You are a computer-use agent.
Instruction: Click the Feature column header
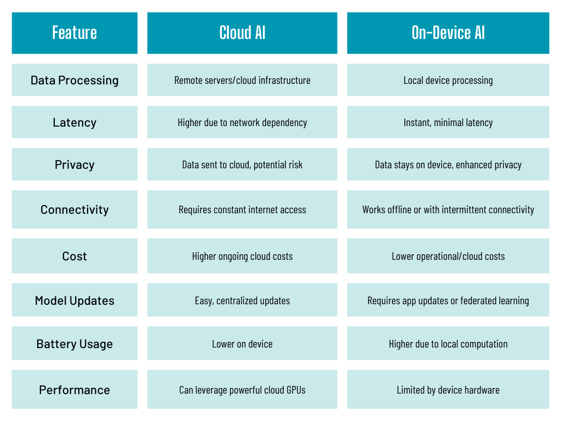75,33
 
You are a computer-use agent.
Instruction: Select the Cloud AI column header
242,33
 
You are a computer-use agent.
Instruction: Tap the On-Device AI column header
448,33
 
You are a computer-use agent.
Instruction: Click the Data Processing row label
75,80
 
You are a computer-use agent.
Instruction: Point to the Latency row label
75,122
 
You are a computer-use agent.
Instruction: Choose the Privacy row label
75,164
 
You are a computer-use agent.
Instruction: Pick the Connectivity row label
75,209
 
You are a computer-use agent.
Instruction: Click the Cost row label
75,256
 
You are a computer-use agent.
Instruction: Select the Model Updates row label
75,300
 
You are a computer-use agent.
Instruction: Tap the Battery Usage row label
75,344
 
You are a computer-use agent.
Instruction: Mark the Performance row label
75,390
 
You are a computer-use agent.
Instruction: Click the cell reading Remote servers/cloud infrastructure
242,80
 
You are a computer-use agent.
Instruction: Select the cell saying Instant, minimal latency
448,122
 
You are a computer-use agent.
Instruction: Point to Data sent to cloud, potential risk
242,164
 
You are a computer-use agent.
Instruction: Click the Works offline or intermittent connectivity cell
448,209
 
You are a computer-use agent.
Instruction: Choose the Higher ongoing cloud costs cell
242,256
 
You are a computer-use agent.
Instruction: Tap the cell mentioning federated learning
448,300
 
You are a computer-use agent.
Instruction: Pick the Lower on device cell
242,344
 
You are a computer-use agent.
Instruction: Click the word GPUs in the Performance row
294,390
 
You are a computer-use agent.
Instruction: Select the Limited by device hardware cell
448,390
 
